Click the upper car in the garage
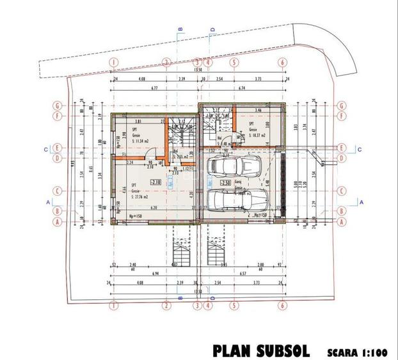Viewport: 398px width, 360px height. point(234,167)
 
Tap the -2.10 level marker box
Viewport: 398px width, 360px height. point(155,182)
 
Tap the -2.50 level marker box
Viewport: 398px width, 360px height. point(225,183)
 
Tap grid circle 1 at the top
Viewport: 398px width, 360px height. point(113,63)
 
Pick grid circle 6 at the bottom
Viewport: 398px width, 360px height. point(282,306)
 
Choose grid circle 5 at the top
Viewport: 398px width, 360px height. point(234,63)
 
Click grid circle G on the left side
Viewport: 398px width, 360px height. point(58,106)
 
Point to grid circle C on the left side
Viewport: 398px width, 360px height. point(58,191)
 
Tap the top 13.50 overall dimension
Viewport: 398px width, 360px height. point(198,70)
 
